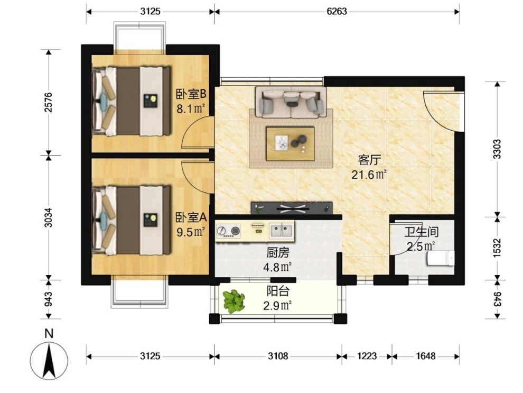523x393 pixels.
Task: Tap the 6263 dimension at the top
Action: pyautogui.click(x=337, y=11)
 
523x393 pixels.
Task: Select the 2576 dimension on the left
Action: pyautogui.click(x=49, y=102)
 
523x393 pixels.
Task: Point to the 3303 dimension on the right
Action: pyautogui.click(x=497, y=149)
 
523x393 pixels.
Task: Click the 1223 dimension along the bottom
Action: pyautogui.click(x=367, y=357)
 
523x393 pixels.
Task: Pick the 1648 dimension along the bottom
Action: pyautogui.click(x=425, y=357)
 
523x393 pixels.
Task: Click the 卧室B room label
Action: pyautogui.click(x=191, y=94)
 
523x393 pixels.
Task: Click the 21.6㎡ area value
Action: pyautogui.click(x=369, y=175)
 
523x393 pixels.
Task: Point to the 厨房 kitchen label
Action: pyautogui.click(x=277, y=253)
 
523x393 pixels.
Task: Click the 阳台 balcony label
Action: pyautogui.click(x=277, y=291)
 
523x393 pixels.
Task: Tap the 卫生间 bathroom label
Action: pyautogui.click(x=421, y=232)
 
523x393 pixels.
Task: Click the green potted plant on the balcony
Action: pyautogui.click(x=234, y=301)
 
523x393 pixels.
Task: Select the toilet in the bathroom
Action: pyautogui.click(x=441, y=259)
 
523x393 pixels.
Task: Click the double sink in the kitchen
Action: pyautogui.click(x=282, y=231)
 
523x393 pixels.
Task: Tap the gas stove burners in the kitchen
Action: pyautogui.click(x=228, y=231)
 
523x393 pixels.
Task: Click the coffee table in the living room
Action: pyautogui.click(x=290, y=143)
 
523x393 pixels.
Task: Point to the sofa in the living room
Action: pyautogui.click(x=291, y=102)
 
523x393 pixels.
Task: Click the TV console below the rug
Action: pyautogui.click(x=292, y=208)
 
